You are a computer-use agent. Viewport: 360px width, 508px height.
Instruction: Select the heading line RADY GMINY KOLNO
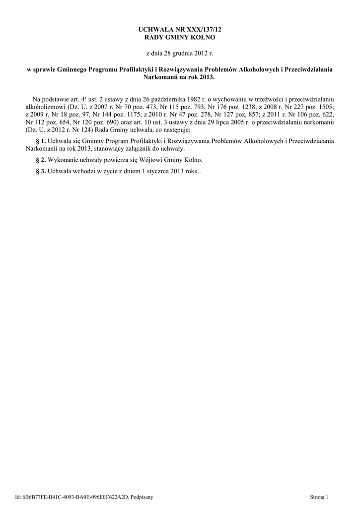pyautogui.click(x=180, y=38)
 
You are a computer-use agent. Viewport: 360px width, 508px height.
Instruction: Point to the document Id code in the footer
pyautogui.click(x=74, y=496)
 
